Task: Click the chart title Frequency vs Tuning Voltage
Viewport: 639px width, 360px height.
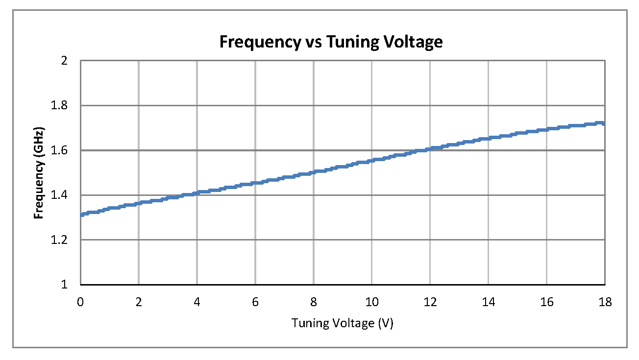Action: (x=331, y=42)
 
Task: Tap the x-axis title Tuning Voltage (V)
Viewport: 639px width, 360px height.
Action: (x=343, y=324)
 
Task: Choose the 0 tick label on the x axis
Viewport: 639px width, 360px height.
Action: (x=80, y=302)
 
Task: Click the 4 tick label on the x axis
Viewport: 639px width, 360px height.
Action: (x=197, y=302)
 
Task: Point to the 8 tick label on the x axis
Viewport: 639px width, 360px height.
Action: (x=314, y=302)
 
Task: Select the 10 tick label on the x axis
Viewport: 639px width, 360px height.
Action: (x=372, y=302)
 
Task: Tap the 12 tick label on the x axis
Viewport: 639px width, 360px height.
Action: (x=430, y=302)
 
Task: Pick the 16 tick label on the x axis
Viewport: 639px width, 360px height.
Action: (x=547, y=302)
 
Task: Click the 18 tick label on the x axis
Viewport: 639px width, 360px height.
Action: (x=605, y=302)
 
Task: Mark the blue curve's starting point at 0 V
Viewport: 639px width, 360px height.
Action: (x=81, y=215)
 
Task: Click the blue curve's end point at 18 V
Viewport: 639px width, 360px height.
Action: (x=605, y=123)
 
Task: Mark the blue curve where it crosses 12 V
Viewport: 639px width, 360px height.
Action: (x=430, y=149)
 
